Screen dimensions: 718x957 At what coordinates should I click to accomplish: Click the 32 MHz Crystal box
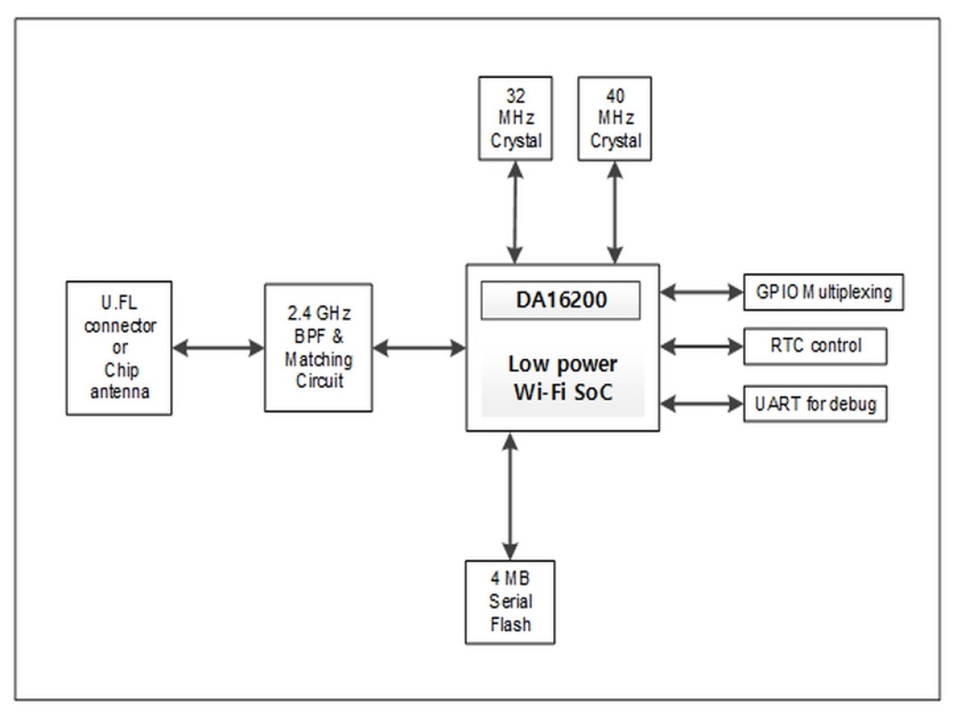coord(514,118)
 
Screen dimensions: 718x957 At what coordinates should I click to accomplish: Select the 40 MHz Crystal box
coord(615,118)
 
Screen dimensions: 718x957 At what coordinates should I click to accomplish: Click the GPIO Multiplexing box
coord(823,293)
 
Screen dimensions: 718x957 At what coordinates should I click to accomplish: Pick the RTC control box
coord(815,346)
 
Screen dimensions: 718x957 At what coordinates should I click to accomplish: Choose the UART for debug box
coord(815,404)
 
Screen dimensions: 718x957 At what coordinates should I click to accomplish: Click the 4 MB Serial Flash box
coord(510,601)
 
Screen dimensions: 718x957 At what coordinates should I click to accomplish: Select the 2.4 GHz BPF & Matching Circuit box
coord(318,348)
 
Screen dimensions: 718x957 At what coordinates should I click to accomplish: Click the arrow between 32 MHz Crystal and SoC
coord(516,212)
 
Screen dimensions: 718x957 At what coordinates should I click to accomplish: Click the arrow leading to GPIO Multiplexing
coord(701,292)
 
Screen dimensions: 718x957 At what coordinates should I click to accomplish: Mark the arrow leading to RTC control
coord(701,347)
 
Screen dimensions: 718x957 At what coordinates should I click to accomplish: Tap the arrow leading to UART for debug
coord(701,403)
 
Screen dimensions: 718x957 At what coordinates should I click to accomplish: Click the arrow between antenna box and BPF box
coord(218,348)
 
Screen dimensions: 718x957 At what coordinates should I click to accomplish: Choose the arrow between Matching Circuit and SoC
coord(419,348)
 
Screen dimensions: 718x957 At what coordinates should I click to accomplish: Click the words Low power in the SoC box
coord(562,363)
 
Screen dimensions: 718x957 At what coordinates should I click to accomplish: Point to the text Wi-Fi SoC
coord(562,394)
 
